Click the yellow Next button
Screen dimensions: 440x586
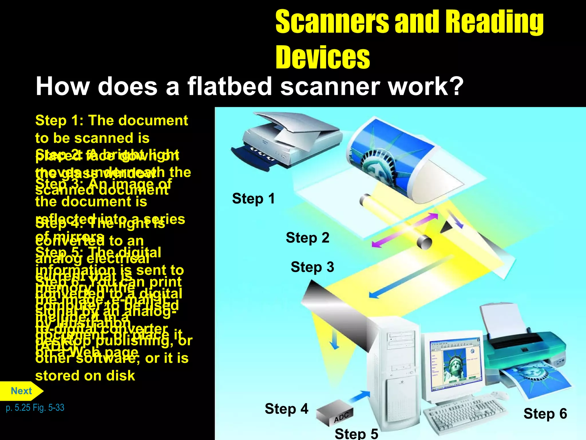point(21,391)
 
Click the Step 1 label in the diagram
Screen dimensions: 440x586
point(253,199)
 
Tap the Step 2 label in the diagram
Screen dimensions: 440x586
point(307,238)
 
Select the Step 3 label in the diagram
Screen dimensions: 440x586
point(312,267)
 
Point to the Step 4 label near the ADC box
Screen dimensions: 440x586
point(286,408)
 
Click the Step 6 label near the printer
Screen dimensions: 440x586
point(545,414)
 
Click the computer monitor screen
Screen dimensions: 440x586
point(455,364)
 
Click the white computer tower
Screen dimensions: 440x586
point(395,372)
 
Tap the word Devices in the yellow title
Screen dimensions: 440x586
point(322,57)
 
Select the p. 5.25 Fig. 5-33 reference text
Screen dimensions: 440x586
point(35,408)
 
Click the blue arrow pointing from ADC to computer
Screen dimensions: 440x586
point(359,397)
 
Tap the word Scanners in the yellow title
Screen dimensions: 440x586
point(332,22)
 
